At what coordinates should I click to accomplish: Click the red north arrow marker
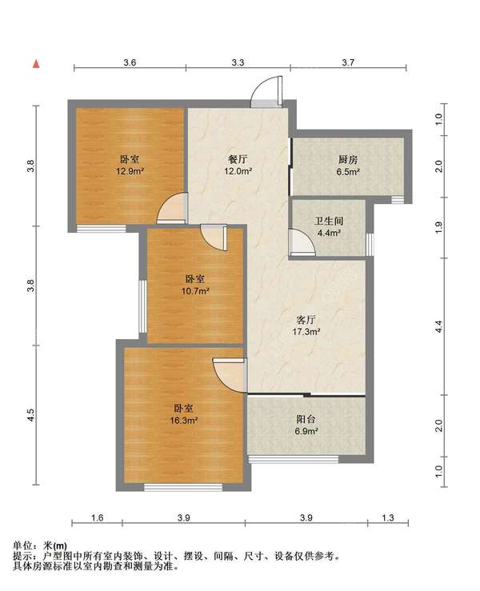pos(36,64)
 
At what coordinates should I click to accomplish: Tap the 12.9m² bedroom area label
pos(130,171)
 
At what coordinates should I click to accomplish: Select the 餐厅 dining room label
pos(238,159)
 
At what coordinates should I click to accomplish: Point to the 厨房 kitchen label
pos(348,159)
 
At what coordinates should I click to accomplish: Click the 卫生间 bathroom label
pos(329,221)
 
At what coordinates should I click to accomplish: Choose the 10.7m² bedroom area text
pos(195,291)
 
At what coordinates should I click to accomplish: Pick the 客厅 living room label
pos(306,320)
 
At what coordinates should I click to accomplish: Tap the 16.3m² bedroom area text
pos(184,421)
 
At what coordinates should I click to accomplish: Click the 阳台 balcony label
pos(306,419)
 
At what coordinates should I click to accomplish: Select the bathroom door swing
pos(302,242)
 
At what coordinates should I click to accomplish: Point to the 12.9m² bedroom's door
pos(172,208)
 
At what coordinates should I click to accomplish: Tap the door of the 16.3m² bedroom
pos(230,375)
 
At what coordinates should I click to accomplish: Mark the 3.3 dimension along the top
pos(238,62)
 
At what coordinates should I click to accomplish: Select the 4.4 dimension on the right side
pos(438,326)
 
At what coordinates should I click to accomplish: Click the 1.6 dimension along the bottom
pos(98,517)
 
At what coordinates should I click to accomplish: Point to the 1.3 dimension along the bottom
pos(388,517)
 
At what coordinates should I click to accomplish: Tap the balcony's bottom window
pos(294,459)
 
